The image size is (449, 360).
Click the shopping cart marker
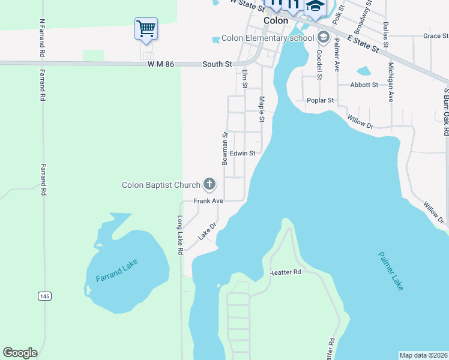click(x=146, y=28)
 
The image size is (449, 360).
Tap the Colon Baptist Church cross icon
click(x=209, y=184)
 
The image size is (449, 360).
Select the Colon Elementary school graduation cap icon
click(x=324, y=38)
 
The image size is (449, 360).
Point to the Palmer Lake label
click(x=391, y=271)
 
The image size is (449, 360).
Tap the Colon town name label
click(x=276, y=20)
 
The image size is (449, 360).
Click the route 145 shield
click(x=44, y=296)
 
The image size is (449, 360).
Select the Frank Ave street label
click(x=208, y=201)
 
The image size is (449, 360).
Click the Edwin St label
click(x=243, y=154)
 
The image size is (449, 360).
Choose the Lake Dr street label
click(x=207, y=229)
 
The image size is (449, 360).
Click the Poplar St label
click(x=320, y=100)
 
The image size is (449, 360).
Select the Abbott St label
click(x=364, y=85)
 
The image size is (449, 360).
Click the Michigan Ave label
click(x=391, y=82)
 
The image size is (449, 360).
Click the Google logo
click(x=20, y=353)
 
